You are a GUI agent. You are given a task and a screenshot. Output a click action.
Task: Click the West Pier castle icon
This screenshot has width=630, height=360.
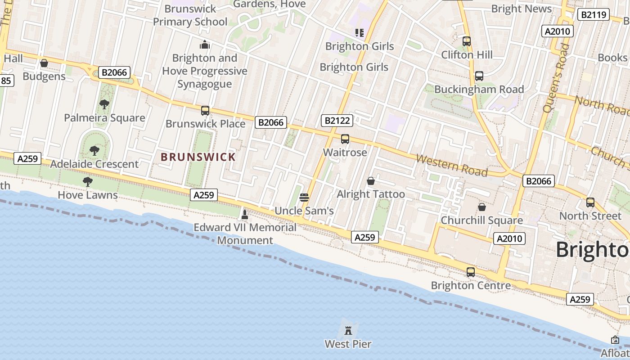click(348, 331)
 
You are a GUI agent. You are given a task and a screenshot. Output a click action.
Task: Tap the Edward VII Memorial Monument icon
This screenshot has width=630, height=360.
click(245, 214)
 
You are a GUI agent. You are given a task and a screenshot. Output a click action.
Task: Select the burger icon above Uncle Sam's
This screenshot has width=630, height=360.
click(304, 197)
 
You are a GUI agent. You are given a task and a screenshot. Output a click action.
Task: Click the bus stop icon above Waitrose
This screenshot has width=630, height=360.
click(345, 139)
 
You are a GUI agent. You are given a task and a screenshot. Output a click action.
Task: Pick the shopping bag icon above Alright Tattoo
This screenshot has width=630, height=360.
click(371, 181)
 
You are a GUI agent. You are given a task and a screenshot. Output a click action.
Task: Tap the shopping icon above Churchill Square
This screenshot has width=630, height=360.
click(482, 207)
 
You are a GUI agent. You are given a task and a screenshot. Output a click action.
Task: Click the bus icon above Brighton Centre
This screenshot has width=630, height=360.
click(471, 272)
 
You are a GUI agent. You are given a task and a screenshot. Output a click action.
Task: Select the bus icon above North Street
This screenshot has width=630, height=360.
click(590, 202)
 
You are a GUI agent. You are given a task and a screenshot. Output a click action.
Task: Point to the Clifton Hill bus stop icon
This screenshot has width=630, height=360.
click(467, 41)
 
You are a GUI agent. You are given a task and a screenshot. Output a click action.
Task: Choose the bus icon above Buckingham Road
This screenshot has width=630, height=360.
click(479, 76)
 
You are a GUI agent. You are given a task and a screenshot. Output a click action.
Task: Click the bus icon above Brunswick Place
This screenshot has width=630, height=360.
click(205, 110)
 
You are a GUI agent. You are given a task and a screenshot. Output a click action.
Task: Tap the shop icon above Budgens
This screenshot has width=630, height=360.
click(44, 63)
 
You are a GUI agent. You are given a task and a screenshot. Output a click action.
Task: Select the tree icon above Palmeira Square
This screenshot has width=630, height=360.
click(104, 104)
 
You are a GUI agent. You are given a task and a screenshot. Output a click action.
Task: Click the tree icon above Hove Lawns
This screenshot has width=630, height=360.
click(88, 182)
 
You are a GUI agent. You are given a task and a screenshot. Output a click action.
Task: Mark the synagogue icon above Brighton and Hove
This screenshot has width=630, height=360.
click(205, 45)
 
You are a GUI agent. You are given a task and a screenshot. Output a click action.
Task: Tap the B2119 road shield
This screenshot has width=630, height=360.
click(594, 15)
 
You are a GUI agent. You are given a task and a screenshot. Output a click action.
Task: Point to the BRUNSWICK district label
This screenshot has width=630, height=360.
click(198, 157)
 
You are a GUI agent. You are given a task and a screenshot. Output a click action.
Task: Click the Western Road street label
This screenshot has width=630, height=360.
click(452, 165)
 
